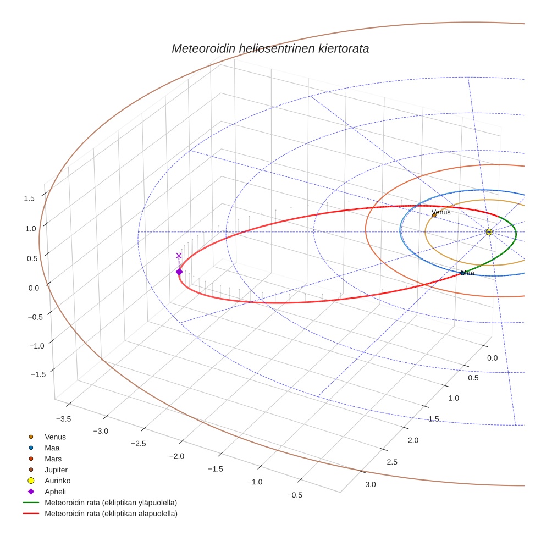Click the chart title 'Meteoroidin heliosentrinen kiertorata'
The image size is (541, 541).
tap(270, 48)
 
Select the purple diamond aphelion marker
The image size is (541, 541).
tap(179, 272)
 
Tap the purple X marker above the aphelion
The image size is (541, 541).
tap(179, 256)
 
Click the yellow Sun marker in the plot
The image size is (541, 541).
tap(489, 232)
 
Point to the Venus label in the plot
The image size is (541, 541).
tap(441, 212)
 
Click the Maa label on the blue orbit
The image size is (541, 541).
tap(468, 273)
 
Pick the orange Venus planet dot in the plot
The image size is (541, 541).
tap(434, 215)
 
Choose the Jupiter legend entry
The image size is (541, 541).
tap(56, 470)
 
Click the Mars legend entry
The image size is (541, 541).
tap(53, 459)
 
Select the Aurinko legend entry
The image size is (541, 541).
tap(57, 481)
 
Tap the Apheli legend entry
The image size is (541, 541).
tap(55, 492)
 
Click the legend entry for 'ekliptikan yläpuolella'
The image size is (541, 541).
tap(111, 503)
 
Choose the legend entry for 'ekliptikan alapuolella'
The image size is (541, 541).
tap(111, 514)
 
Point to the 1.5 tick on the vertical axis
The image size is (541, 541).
tap(30, 198)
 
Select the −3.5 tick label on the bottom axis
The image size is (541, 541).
tap(63, 419)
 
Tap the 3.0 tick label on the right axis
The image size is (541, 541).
tap(371, 484)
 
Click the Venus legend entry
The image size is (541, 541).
tap(55, 437)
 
